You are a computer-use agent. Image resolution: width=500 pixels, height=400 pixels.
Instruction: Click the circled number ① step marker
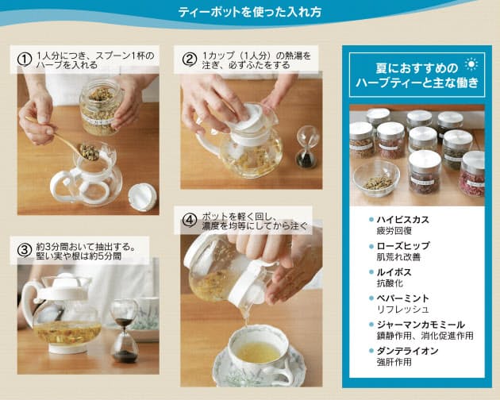[x=25, y=60]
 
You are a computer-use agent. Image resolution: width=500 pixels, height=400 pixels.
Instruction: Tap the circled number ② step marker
[x=190, y=60]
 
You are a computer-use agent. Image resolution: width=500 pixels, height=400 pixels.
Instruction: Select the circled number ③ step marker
[x=25, y=251]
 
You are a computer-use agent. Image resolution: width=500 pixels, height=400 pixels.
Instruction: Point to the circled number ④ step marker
[x=190, y=220]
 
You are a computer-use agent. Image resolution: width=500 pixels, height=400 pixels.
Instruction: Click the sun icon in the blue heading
[x=471, y=65]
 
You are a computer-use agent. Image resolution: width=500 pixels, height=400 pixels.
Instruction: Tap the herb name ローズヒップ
[x=403, y=246]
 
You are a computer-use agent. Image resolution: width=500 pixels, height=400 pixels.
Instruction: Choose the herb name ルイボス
[x=394, y=272]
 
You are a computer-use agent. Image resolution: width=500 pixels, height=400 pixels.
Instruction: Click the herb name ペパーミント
[x=402, y=298]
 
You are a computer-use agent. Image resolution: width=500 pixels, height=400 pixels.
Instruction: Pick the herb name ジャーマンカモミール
[x=421, y=325]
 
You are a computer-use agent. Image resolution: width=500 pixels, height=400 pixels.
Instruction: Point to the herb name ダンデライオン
[x=407, y=351]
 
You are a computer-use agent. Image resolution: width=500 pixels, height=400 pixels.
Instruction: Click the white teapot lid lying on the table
[x=142, y=197]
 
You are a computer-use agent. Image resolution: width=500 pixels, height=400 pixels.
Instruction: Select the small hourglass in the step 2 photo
[x=307, y=146]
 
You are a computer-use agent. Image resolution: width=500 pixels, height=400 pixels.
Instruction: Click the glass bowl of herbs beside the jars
[x=376, y=179]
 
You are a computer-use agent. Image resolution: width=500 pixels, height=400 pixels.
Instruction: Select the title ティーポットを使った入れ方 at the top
[x=250, y=13]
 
